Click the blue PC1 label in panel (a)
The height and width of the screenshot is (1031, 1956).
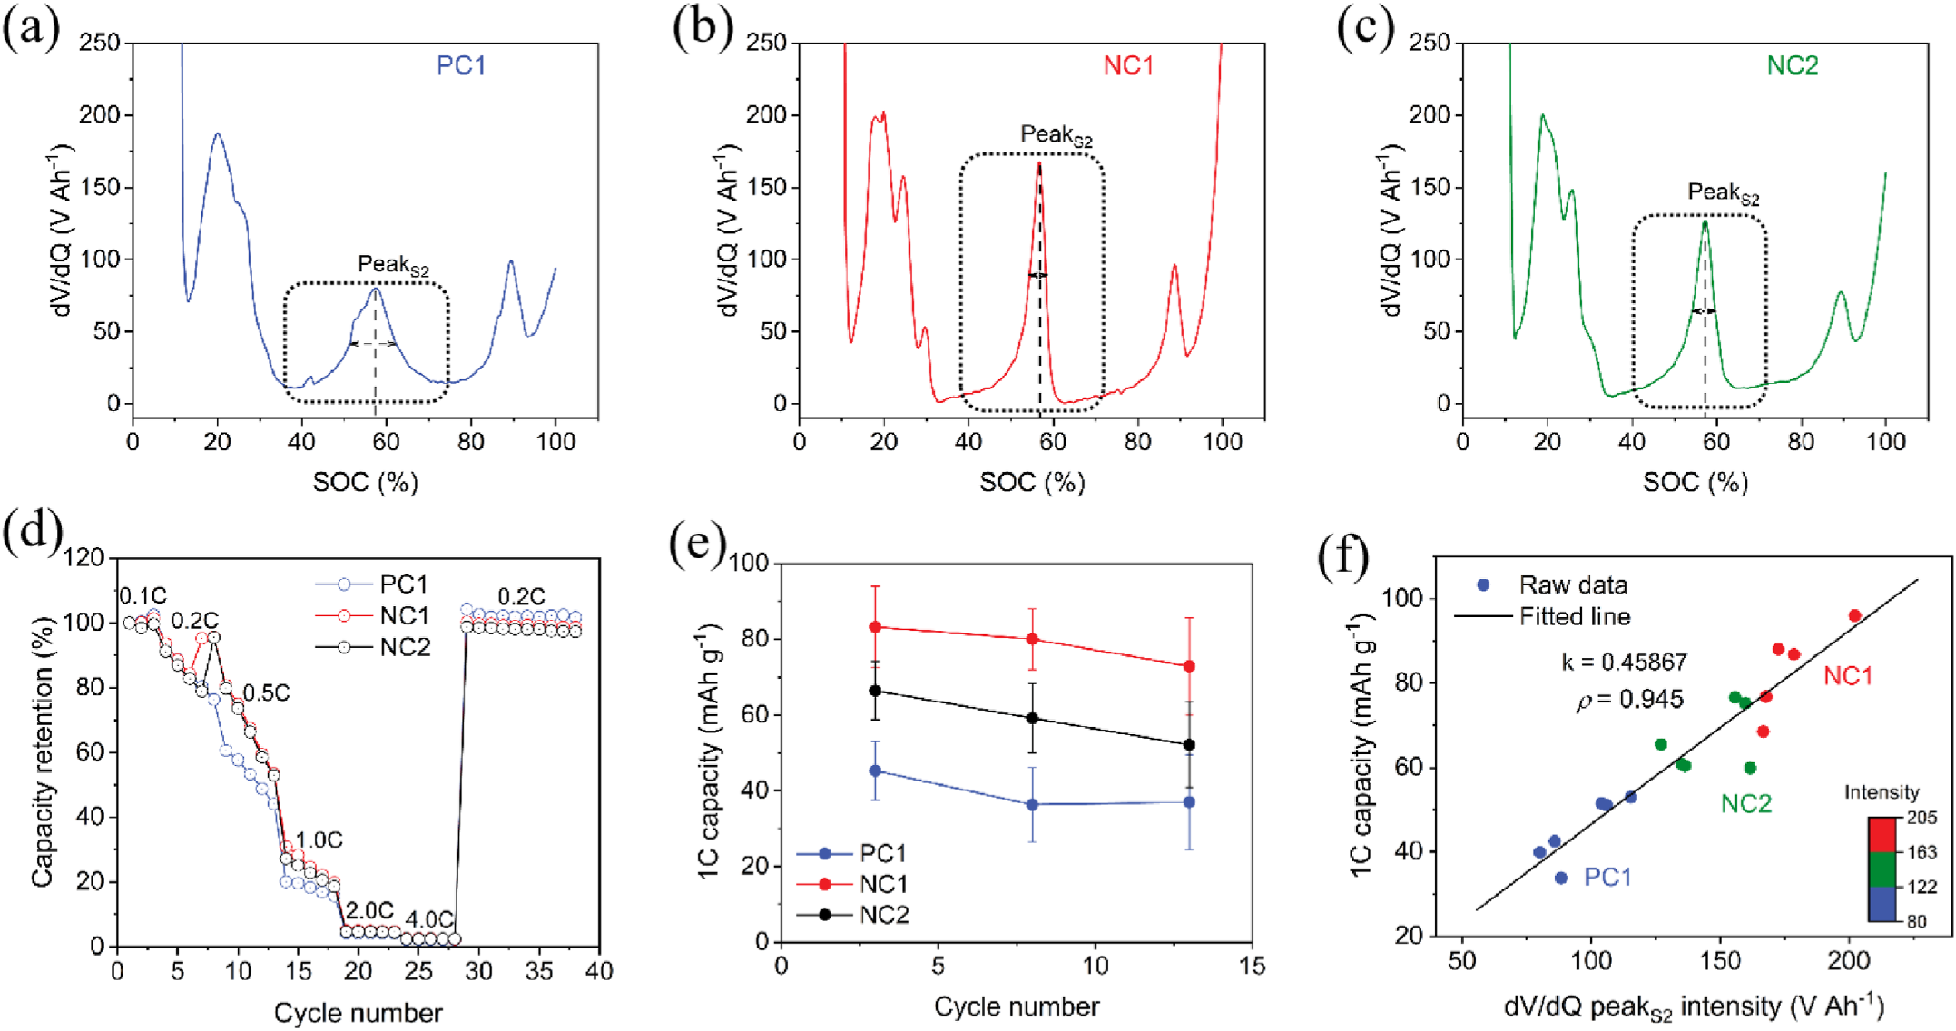click(x=461, y=66)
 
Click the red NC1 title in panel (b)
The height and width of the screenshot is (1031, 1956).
click(x=1128, y=66)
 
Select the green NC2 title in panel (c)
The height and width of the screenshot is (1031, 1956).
click(x=1793, y=66)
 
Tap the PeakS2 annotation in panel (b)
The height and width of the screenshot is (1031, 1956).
click(x=1057, y=135)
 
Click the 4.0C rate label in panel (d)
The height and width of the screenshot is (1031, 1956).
click(x=428, y=920)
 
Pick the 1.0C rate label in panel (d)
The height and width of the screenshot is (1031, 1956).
click(x=319, y=840)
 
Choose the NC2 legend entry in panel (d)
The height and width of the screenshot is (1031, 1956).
click(x=405, y=647)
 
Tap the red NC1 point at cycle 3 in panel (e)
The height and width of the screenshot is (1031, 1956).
click(x=876, y=627)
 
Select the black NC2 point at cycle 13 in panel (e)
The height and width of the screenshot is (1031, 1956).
click(x=1189, y=745)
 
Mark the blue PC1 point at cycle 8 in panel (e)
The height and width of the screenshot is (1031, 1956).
click(x=1032, y=804)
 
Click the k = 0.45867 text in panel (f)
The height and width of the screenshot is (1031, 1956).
click(x=1624, y=662)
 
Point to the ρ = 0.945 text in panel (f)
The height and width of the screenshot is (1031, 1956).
click(x=1629, y=700)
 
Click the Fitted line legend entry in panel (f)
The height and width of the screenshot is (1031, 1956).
click(x=1575, y=617)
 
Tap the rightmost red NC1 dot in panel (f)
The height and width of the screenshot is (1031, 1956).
click(x=1855, y=615)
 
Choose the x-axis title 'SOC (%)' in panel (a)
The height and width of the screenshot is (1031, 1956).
click(x=365, y=482)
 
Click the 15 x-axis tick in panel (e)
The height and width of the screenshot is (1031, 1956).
click(x=1253, y=966)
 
